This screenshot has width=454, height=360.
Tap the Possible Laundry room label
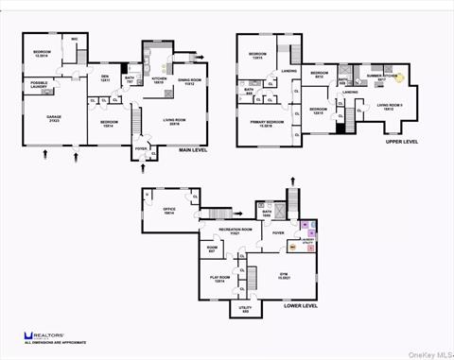click(40, 85)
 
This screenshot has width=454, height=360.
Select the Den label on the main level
click(105, 77)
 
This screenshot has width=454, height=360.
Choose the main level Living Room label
click(174, 122)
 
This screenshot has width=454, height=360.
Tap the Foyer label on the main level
click(141, 148)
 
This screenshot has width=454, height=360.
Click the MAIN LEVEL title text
click(194, 150)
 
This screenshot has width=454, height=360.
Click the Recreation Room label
click(235, 230)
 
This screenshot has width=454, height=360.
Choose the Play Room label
click(218, 279)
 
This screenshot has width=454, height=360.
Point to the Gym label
click(283, 275)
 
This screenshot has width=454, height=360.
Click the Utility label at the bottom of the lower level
click(244, 309)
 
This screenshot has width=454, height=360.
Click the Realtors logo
click(45, 336)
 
